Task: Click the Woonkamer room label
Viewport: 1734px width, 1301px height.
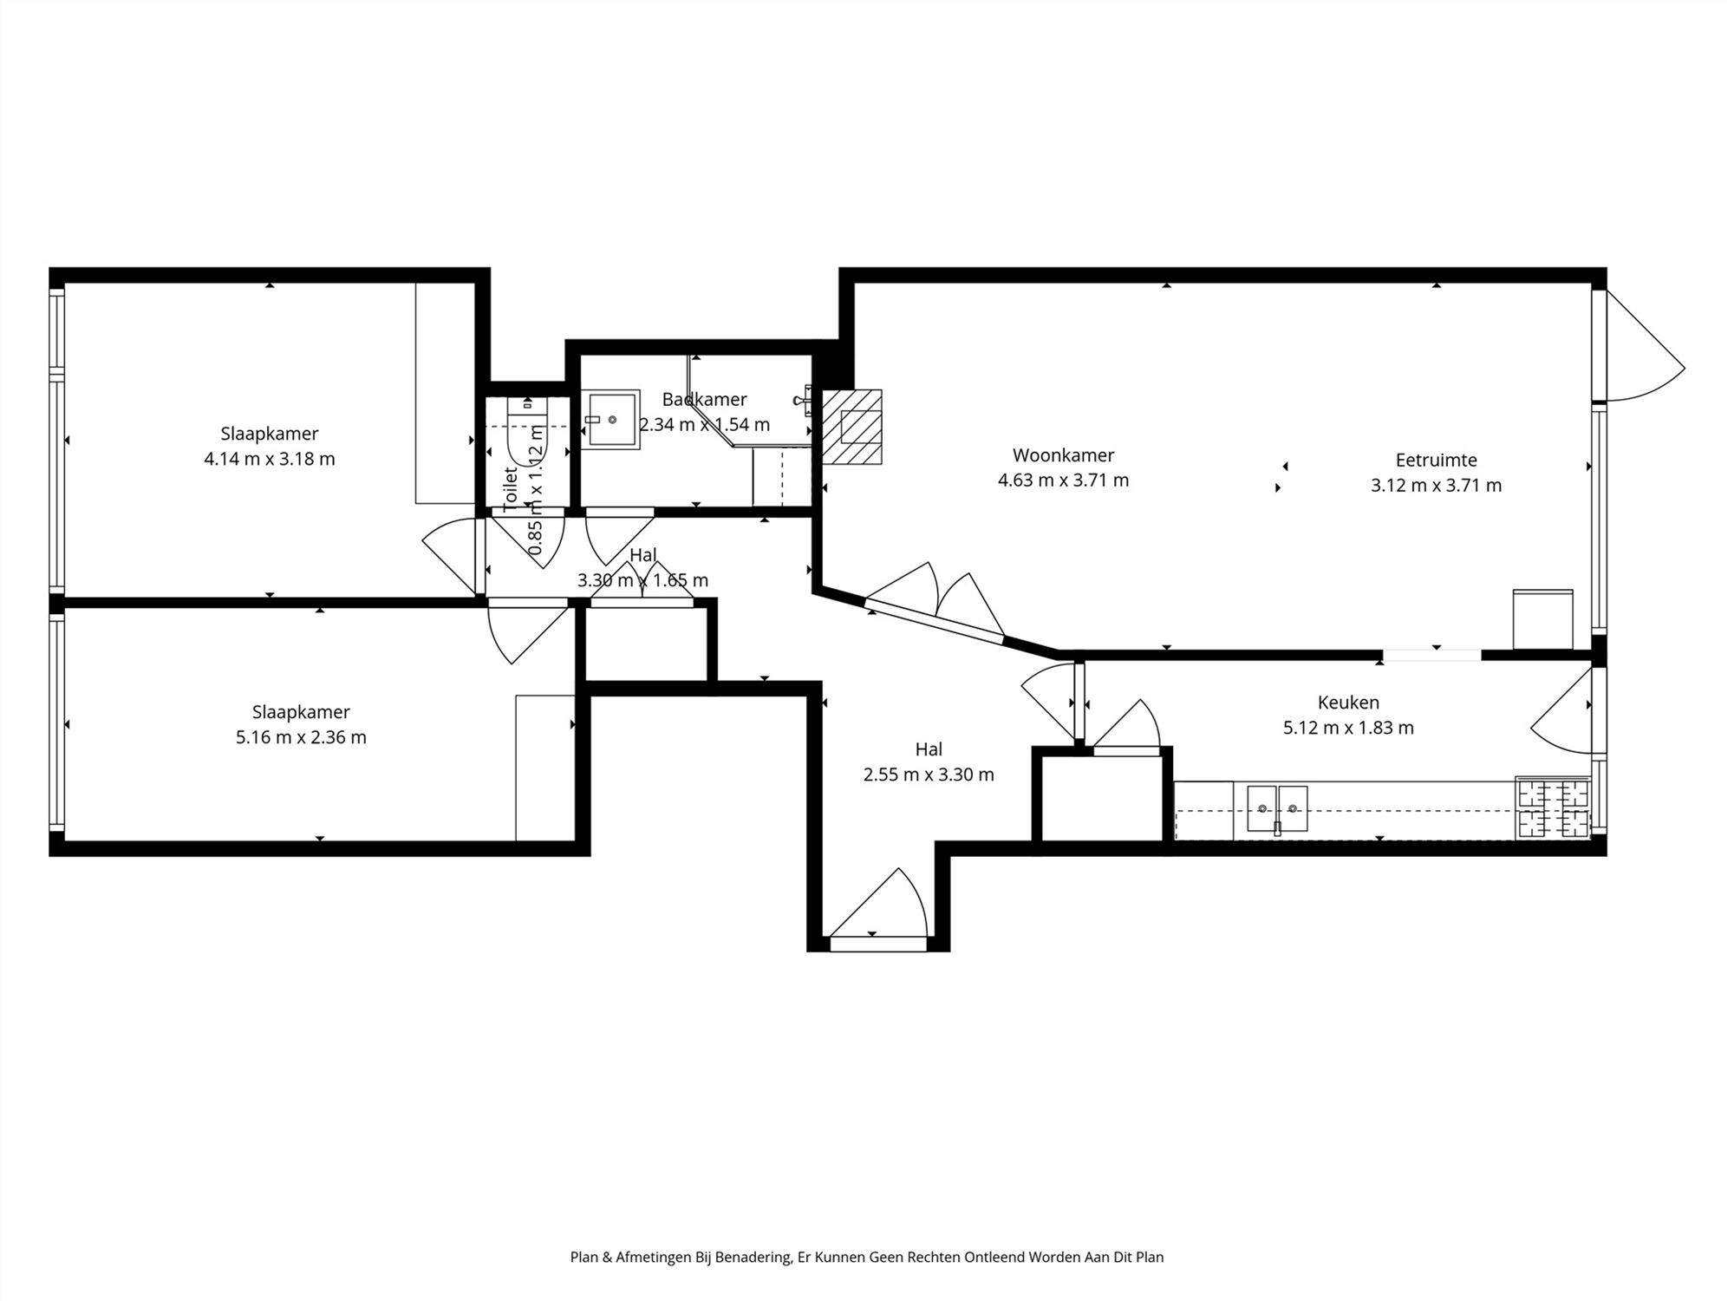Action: (1063, 455)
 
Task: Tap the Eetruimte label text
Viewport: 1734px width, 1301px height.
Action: (1436, 461)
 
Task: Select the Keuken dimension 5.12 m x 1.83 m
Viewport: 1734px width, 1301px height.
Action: (1348, 728)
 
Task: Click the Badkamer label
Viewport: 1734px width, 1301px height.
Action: (704, 400)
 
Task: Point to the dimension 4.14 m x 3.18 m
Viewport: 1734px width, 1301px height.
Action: (269, 459)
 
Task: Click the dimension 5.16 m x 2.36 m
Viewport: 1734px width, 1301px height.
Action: (301, 737)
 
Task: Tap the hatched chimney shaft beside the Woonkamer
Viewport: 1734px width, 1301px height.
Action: (851, 427)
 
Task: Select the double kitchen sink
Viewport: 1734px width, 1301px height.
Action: (1277, 809)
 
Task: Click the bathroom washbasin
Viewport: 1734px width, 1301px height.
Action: (611, 420)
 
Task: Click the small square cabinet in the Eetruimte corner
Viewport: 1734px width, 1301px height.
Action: (1542, 619)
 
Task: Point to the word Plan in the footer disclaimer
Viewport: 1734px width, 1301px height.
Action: (583, 1257)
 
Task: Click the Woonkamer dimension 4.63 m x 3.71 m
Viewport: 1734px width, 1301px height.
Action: (1063, 481)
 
